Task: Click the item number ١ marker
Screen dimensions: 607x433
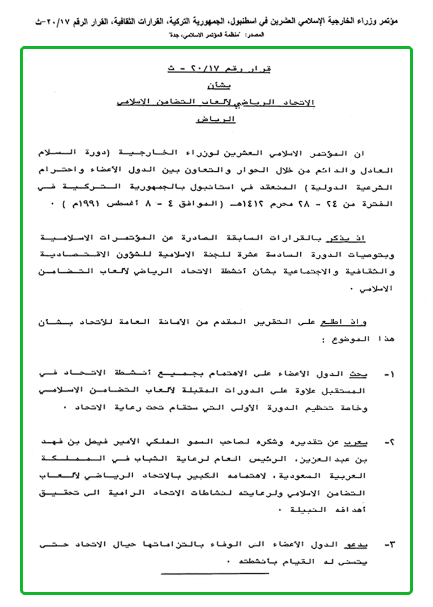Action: pyautogui.click(x=390, y=375)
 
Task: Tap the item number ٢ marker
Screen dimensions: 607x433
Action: pyautogui.click(x=390, y=442)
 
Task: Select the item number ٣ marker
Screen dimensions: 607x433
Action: pyautogui.click(x=390, y=545)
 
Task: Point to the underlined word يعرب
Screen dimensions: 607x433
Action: pyautogui.click(x=364, y=442)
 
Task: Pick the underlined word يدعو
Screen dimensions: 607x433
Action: pyautogui.click(x=364, y=545)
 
